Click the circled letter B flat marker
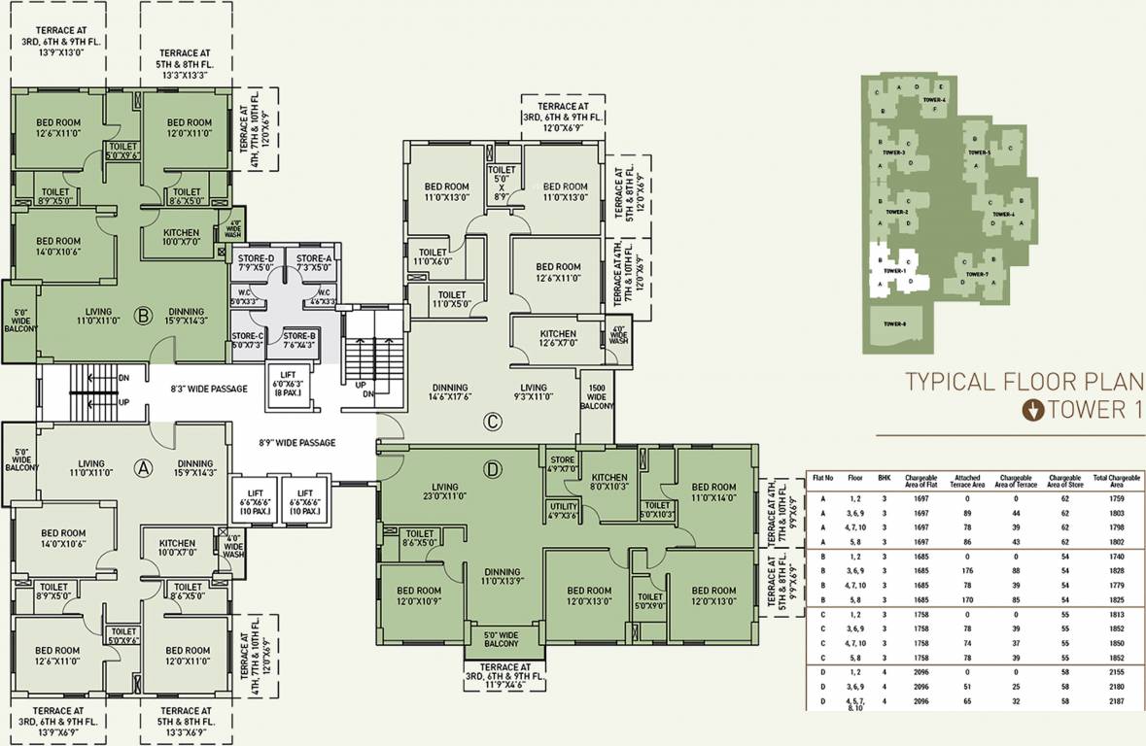pos(143,316)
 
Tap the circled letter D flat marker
pos(493,470)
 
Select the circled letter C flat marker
pos(493,422)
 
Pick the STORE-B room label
pos(299,339)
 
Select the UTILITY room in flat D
pos(563,510)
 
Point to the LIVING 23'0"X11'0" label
pos(445,492)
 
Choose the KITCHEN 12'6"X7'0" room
pos(558,338)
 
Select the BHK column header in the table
pos(884,479)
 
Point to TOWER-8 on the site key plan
pos(894,323)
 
